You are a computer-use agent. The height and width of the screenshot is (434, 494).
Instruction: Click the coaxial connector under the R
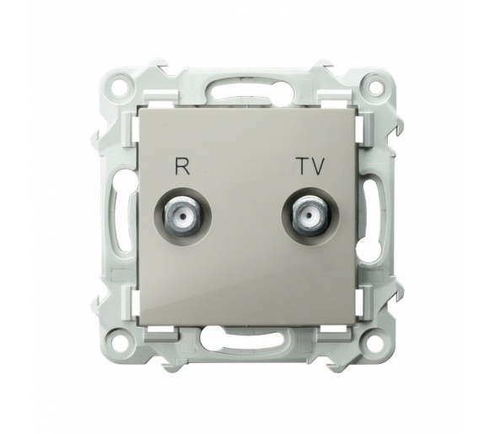point(181,217)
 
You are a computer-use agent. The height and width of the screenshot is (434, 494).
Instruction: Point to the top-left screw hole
point(120,85)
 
